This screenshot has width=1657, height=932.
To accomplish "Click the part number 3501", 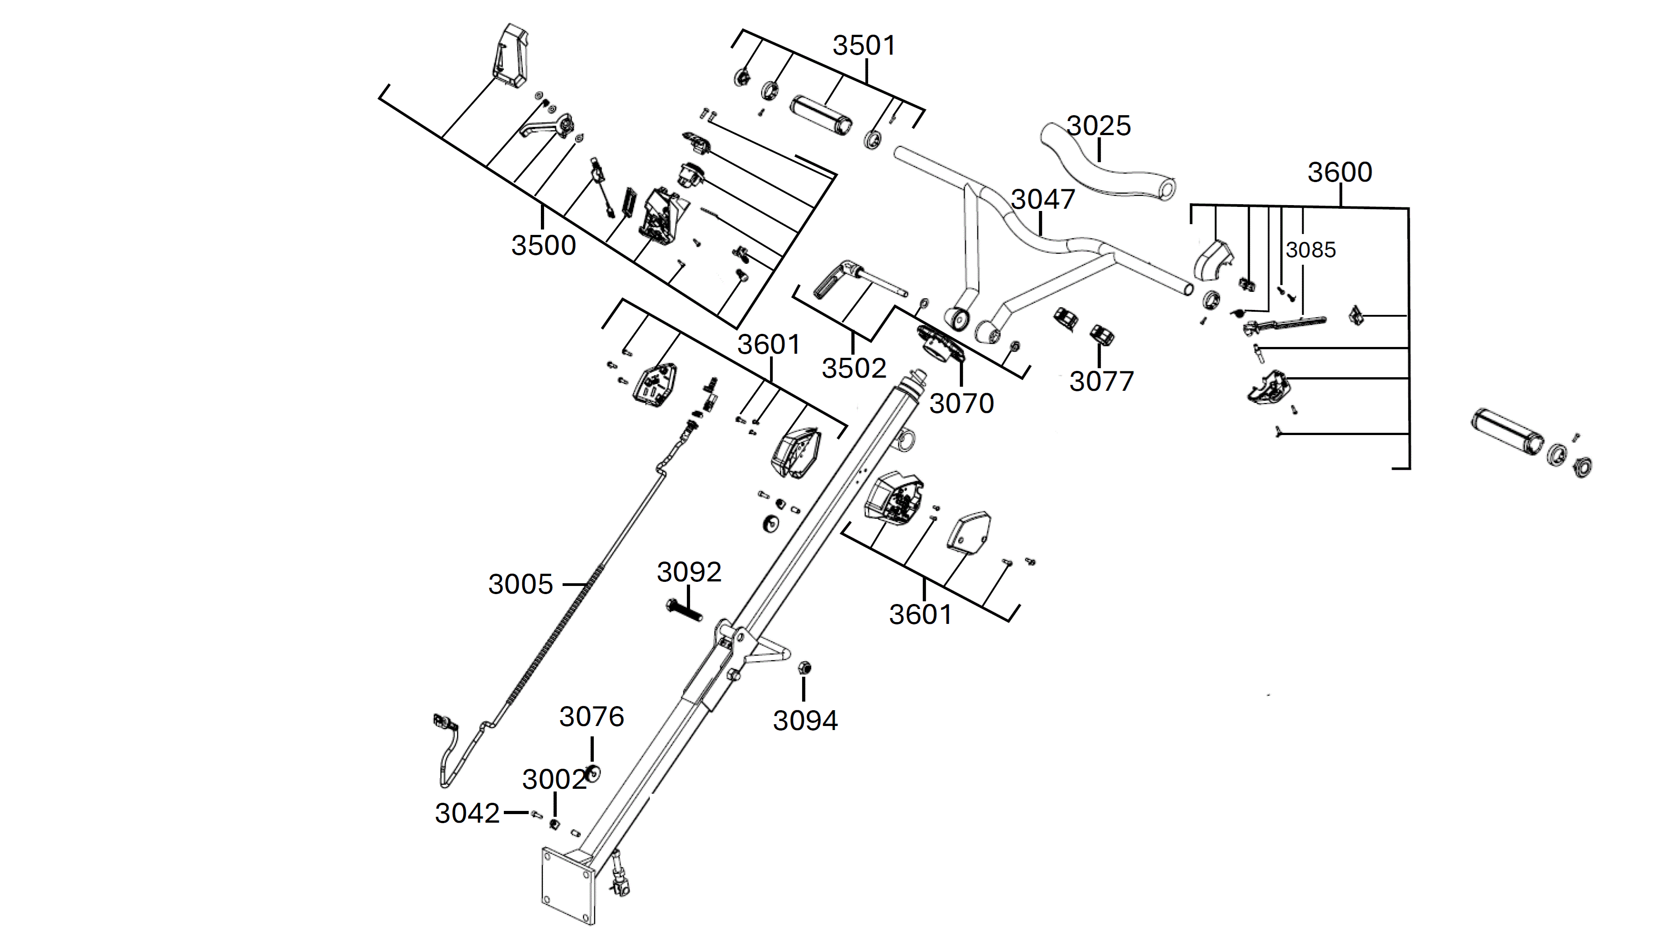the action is [864, 46].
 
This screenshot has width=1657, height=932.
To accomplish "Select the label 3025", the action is [1098, 126].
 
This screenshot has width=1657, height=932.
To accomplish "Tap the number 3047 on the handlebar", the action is [1043, 199].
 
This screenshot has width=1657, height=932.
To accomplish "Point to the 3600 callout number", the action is [1340, 173].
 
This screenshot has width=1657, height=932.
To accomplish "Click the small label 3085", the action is [1311, 249].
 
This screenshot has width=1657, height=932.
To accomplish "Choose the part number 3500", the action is [544, 246].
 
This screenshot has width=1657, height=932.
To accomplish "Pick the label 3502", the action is [854, 369].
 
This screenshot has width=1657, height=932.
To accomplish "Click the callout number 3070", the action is [962, 404].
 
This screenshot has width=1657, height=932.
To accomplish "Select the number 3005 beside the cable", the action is [521, 585].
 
